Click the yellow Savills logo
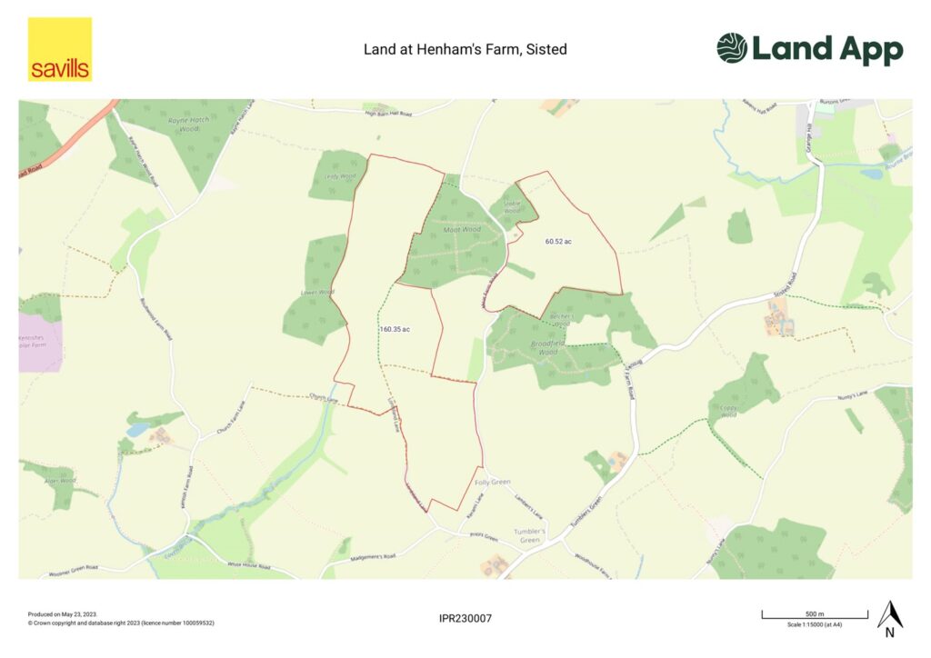click(60, 49)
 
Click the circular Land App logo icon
click(732, 48)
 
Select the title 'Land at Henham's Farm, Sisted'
click(465, 49)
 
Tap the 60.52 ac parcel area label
click(559, 242)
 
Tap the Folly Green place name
click(494, 482)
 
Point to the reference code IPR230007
click(465, 619)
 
